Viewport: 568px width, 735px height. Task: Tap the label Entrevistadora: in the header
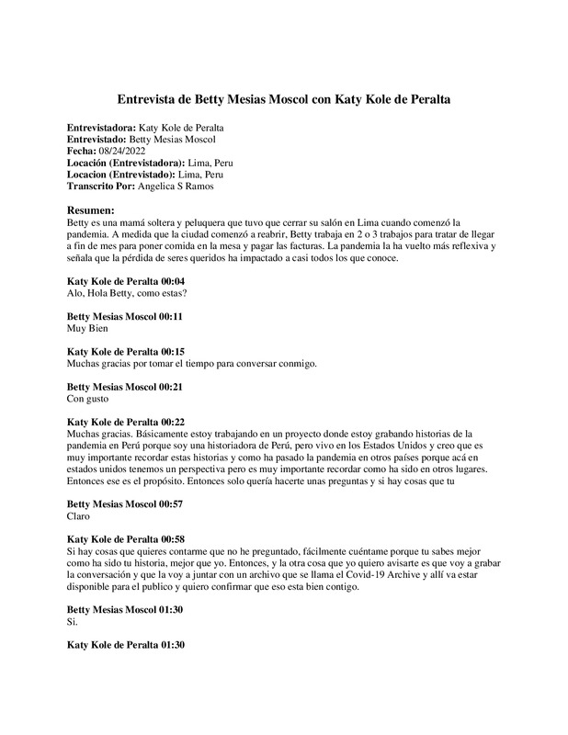tap(104, 127)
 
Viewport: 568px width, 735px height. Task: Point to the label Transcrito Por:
tap(102, 186)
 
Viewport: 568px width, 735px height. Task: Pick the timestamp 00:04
tap(173, 280)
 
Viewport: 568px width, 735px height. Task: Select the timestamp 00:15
tap(173, 351)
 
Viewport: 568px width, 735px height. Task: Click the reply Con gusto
tap(90, 399)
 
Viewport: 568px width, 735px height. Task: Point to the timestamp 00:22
tap(173, 422)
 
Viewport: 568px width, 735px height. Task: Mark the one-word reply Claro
tap(81, 517)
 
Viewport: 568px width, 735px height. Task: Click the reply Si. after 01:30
tap(74, 623)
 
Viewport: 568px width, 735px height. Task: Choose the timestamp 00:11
tap(166, 315)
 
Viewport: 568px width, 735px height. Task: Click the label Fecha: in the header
tap(88, 151)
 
